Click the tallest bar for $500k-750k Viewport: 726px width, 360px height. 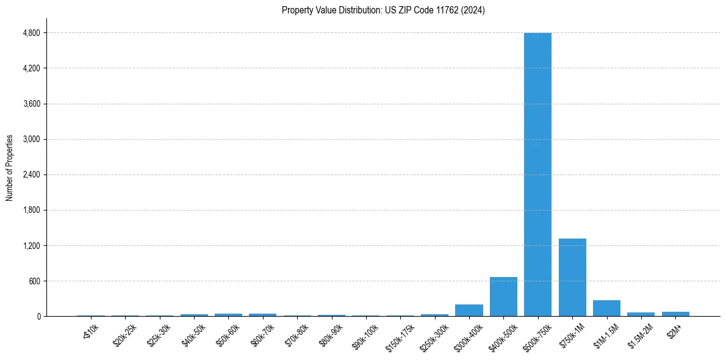coord(537,174)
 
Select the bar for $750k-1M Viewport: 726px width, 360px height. coord(572,277)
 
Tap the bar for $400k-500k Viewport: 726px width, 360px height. coord(503,297)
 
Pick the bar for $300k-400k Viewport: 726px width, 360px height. coord(469,310)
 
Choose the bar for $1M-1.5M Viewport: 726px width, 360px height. coord(606,308)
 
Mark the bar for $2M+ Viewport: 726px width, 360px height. coord(675,314)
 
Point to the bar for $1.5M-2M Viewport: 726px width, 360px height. coord(641,314)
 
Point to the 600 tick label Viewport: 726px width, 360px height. coord(34,281)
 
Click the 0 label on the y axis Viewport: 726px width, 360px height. coord(38,317)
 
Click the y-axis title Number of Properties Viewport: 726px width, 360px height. coord(10,168)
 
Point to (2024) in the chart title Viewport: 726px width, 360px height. coord(474,10)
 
